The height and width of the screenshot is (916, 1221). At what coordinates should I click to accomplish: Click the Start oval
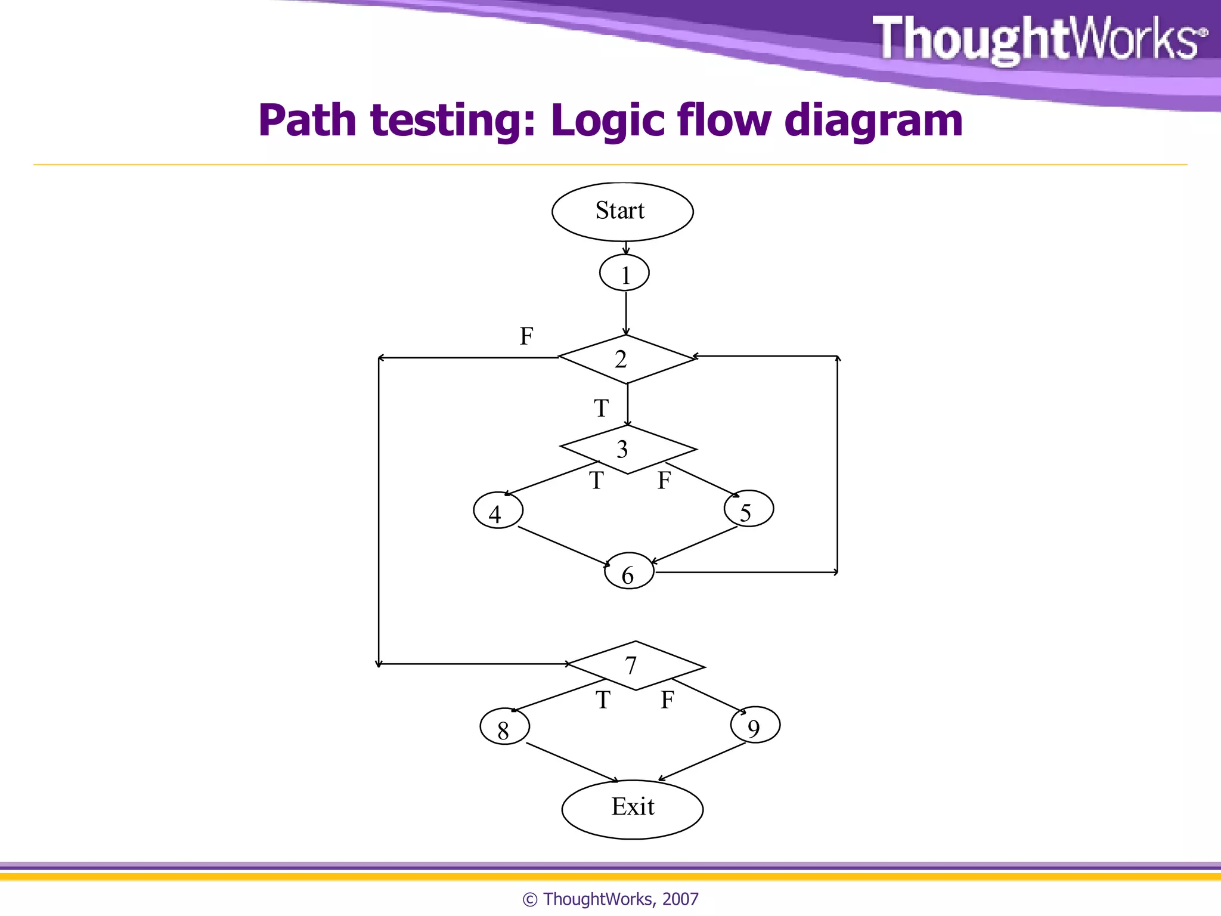click(x=622, y=212)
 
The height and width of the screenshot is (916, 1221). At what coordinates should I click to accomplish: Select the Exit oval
click(x=633, y=809)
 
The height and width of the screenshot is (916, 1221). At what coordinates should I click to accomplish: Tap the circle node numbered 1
click(x=624, y=274)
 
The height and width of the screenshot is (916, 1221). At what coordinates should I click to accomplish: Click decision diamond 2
click(x=626, y=359)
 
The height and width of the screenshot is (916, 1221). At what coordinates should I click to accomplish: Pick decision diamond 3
click(x=628, y=449)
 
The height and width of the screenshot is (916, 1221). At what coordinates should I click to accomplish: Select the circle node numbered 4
click(x=498, y=511)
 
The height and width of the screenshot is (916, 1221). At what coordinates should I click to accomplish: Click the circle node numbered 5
click(x=749, y=509)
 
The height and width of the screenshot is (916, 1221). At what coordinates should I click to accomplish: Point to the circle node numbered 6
click(x=629, y=572)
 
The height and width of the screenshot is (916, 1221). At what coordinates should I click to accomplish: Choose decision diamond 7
click(x=636, y=666)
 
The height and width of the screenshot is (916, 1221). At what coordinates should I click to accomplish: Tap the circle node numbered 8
click(x=504, y=727)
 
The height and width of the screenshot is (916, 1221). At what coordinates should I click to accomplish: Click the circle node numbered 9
click(x=755, y=726)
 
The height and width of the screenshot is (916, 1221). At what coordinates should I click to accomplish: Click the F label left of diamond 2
click(x=526, y=336)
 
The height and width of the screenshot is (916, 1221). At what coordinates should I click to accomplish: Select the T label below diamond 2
click(x=601, y=409)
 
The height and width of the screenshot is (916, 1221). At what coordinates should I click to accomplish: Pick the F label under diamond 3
click(x=664, y=481)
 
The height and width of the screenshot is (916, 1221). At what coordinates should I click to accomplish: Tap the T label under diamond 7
click(x=603, y=700)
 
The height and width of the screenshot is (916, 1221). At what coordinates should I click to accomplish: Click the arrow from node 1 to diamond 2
click(x=626, y=313)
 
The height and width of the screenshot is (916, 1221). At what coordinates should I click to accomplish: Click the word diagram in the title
click(x=873, y=121)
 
